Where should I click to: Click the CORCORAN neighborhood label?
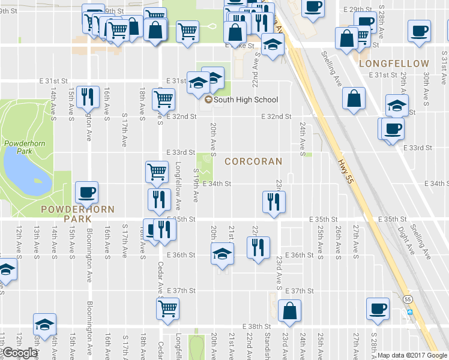click(x=253, y=161)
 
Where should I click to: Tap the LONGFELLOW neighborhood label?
click(x=394, y=64)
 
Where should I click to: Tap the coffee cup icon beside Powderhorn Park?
click(x=86, y=192)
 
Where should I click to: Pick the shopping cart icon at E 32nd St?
click(x=163, y=99)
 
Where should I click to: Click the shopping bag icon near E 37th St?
click(x=289, y=310)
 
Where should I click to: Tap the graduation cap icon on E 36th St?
click(x=222, y=253)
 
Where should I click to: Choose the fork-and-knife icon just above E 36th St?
click(x=259, y=247)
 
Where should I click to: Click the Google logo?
click(x=19, y=353)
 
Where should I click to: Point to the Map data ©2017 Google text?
click(x=412, y=355)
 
